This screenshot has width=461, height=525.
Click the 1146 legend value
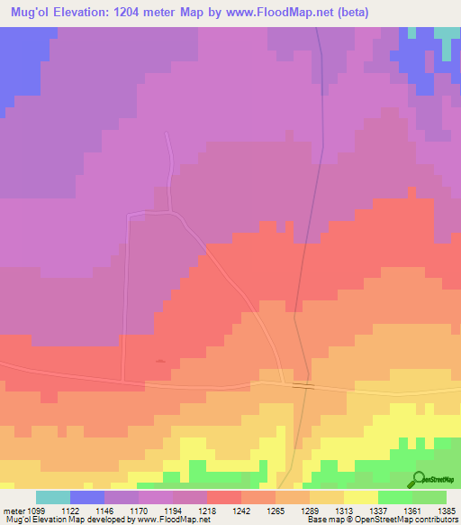pyautogui.click(x=121, y=510)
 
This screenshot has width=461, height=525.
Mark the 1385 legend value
pyautogui.click(x=447, y=510)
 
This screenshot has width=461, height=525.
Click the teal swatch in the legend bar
pyautogui.click(x=53, y=497)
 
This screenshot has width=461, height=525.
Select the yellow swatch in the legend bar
pyautogui.click(x=361, y=497)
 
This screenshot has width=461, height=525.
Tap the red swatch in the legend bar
pyautogui.click(x=224, y=497)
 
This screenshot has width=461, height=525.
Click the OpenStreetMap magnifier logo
pyautogui.click(x=419, y=479)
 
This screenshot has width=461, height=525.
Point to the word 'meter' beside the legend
pyautogui.click(x=12, y=510)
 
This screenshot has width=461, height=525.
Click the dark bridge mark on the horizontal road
pyautogui.click(x=303, y=385)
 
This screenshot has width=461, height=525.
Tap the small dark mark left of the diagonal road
pyautogui.click(x=160, y=361)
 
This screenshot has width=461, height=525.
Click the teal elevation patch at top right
pyautogui.click(x=446, y=36)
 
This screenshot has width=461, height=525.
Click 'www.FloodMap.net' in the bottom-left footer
pyautogui.click(x=172, y=520)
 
